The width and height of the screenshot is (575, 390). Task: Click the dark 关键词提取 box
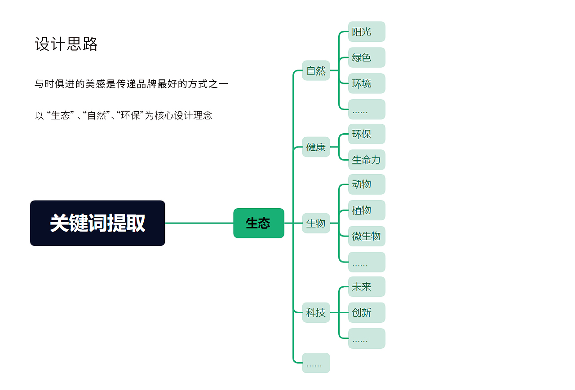click(97, 223)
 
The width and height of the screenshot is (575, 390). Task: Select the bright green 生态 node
click(258, 223)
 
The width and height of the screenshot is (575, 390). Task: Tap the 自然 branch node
click(316, 70)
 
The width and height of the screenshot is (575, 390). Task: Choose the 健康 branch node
click(316, 147)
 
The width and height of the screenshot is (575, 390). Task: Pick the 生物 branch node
click(316, 223)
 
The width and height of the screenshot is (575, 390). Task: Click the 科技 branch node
click(316, 312)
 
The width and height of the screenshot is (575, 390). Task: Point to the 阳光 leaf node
click(366, 31)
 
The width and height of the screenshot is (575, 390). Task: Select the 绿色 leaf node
click(366, 57)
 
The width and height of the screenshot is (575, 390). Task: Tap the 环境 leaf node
click(366, 83)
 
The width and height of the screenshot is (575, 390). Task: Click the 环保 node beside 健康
click(366, 134)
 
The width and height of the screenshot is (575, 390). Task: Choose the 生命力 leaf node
click(366, 160)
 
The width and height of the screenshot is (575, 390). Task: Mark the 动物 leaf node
click(366, 184)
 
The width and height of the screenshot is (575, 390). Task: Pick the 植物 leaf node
click(366, 210)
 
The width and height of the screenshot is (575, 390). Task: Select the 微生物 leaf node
click(366, 236)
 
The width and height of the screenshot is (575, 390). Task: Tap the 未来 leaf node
click(366, 286)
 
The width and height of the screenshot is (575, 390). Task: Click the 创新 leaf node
click(366, 312)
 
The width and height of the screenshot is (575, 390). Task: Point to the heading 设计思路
click(66, 44)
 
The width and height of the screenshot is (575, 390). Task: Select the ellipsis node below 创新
click(366, 338)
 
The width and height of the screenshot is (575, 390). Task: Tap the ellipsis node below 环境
click(366, 110)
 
